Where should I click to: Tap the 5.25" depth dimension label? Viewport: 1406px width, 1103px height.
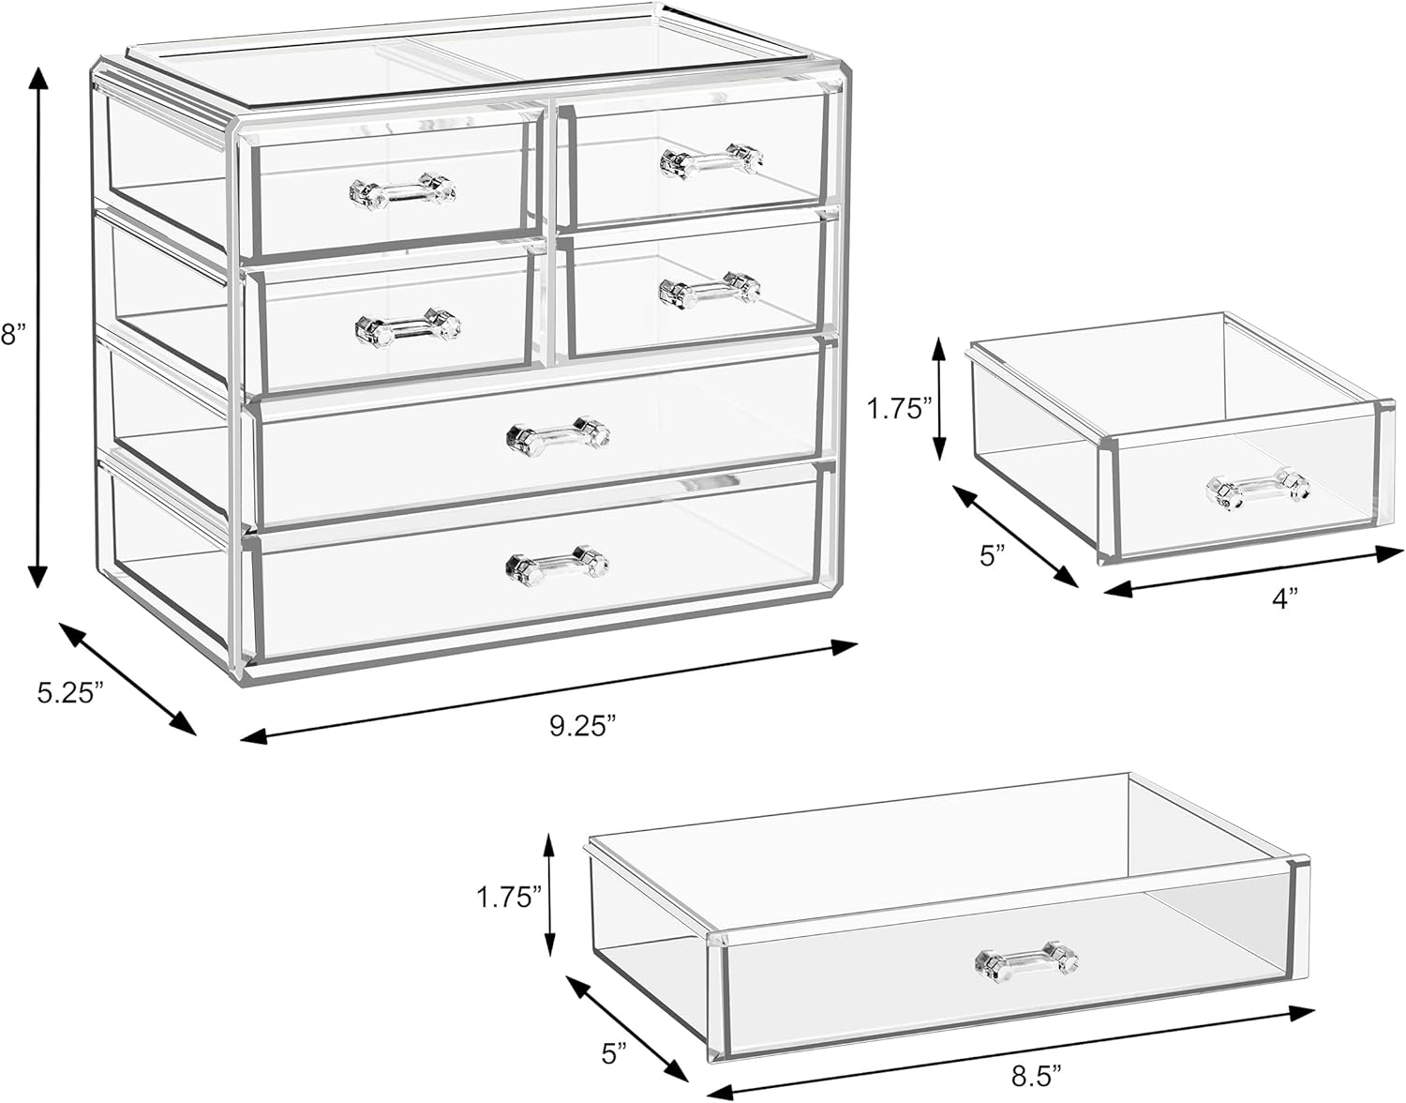click(x=70, y=692)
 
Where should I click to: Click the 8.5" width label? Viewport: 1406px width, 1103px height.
click(x=1038, y=1078)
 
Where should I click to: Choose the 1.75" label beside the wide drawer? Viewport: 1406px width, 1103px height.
click(x=509, y=898)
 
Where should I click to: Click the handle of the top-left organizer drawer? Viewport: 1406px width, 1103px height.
click(x=402, y=191)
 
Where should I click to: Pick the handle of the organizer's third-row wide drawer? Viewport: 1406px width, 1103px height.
click(x=558, y=435)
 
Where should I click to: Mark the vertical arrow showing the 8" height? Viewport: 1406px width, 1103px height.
click(x=38, y=327)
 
